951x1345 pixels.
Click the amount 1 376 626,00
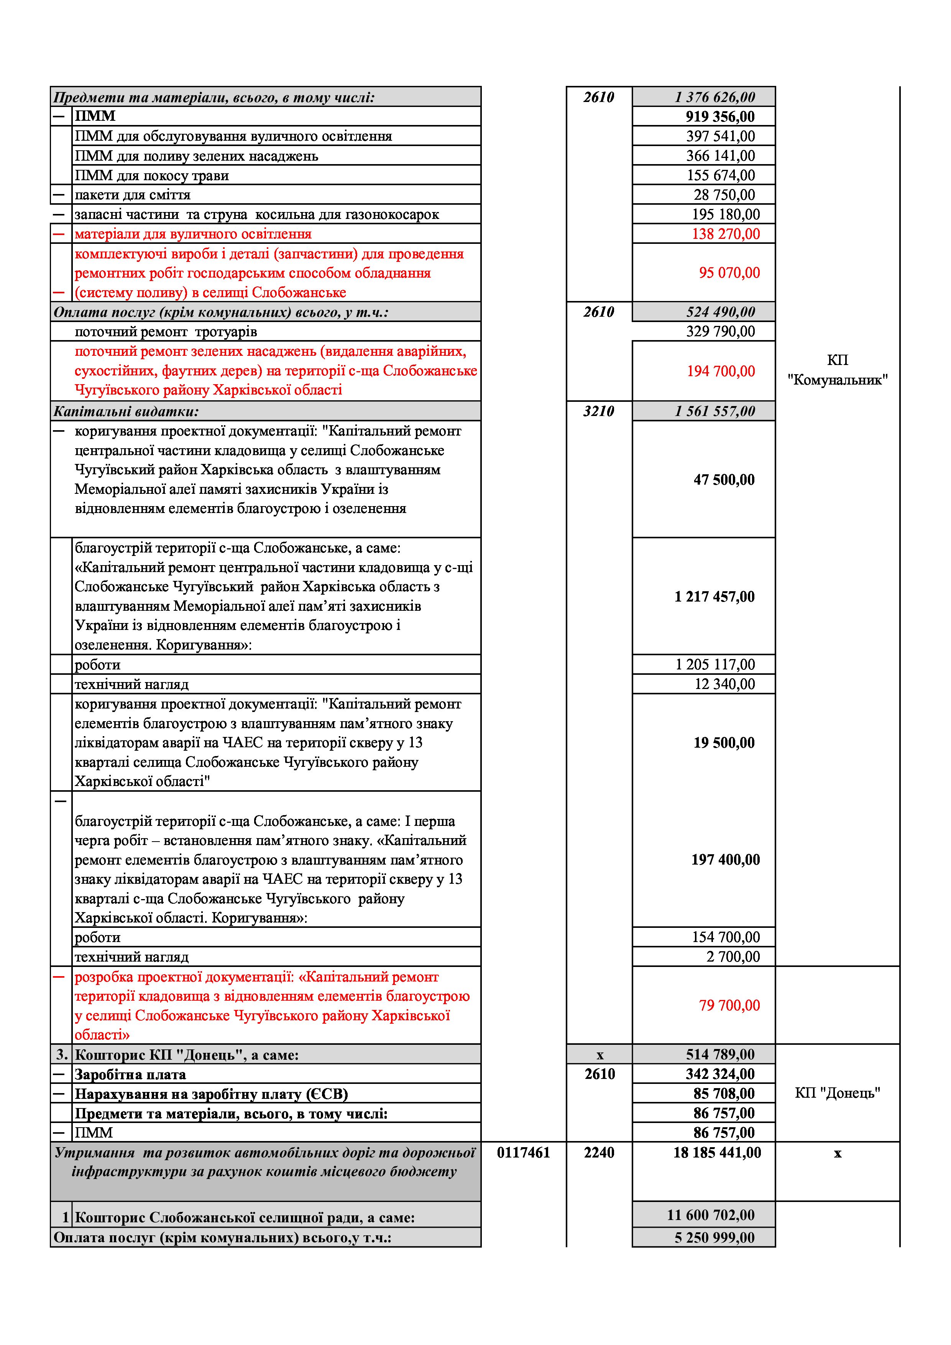click(x=714, y=97)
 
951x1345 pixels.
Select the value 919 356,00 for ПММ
click(x=720, y=117)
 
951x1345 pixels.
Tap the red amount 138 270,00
click(x=726, y=234)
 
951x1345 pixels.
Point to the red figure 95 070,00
click(x=729, y=273)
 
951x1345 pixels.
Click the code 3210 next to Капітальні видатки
click(x=598, y=411)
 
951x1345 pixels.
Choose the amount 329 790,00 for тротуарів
click(x=720, y=332)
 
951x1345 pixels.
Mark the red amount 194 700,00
click(x=721, y=372)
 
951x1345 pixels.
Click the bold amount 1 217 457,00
click(x=714, y=597)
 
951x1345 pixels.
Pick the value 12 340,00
click(x=724, y=684)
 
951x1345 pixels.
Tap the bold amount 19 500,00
click(x=724, y=743)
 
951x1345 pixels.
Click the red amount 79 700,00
click(x=729, y=1006)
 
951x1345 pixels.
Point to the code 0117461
click(x=524, y=1153)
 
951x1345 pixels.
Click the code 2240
click(x=599, y=1153)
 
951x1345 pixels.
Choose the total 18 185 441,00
click(x=717, y=1153)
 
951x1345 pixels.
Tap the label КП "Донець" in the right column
click(x=838, y=1093)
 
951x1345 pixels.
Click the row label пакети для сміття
click(x=132, y=195)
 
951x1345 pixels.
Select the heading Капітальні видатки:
click(x=126, y=411)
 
